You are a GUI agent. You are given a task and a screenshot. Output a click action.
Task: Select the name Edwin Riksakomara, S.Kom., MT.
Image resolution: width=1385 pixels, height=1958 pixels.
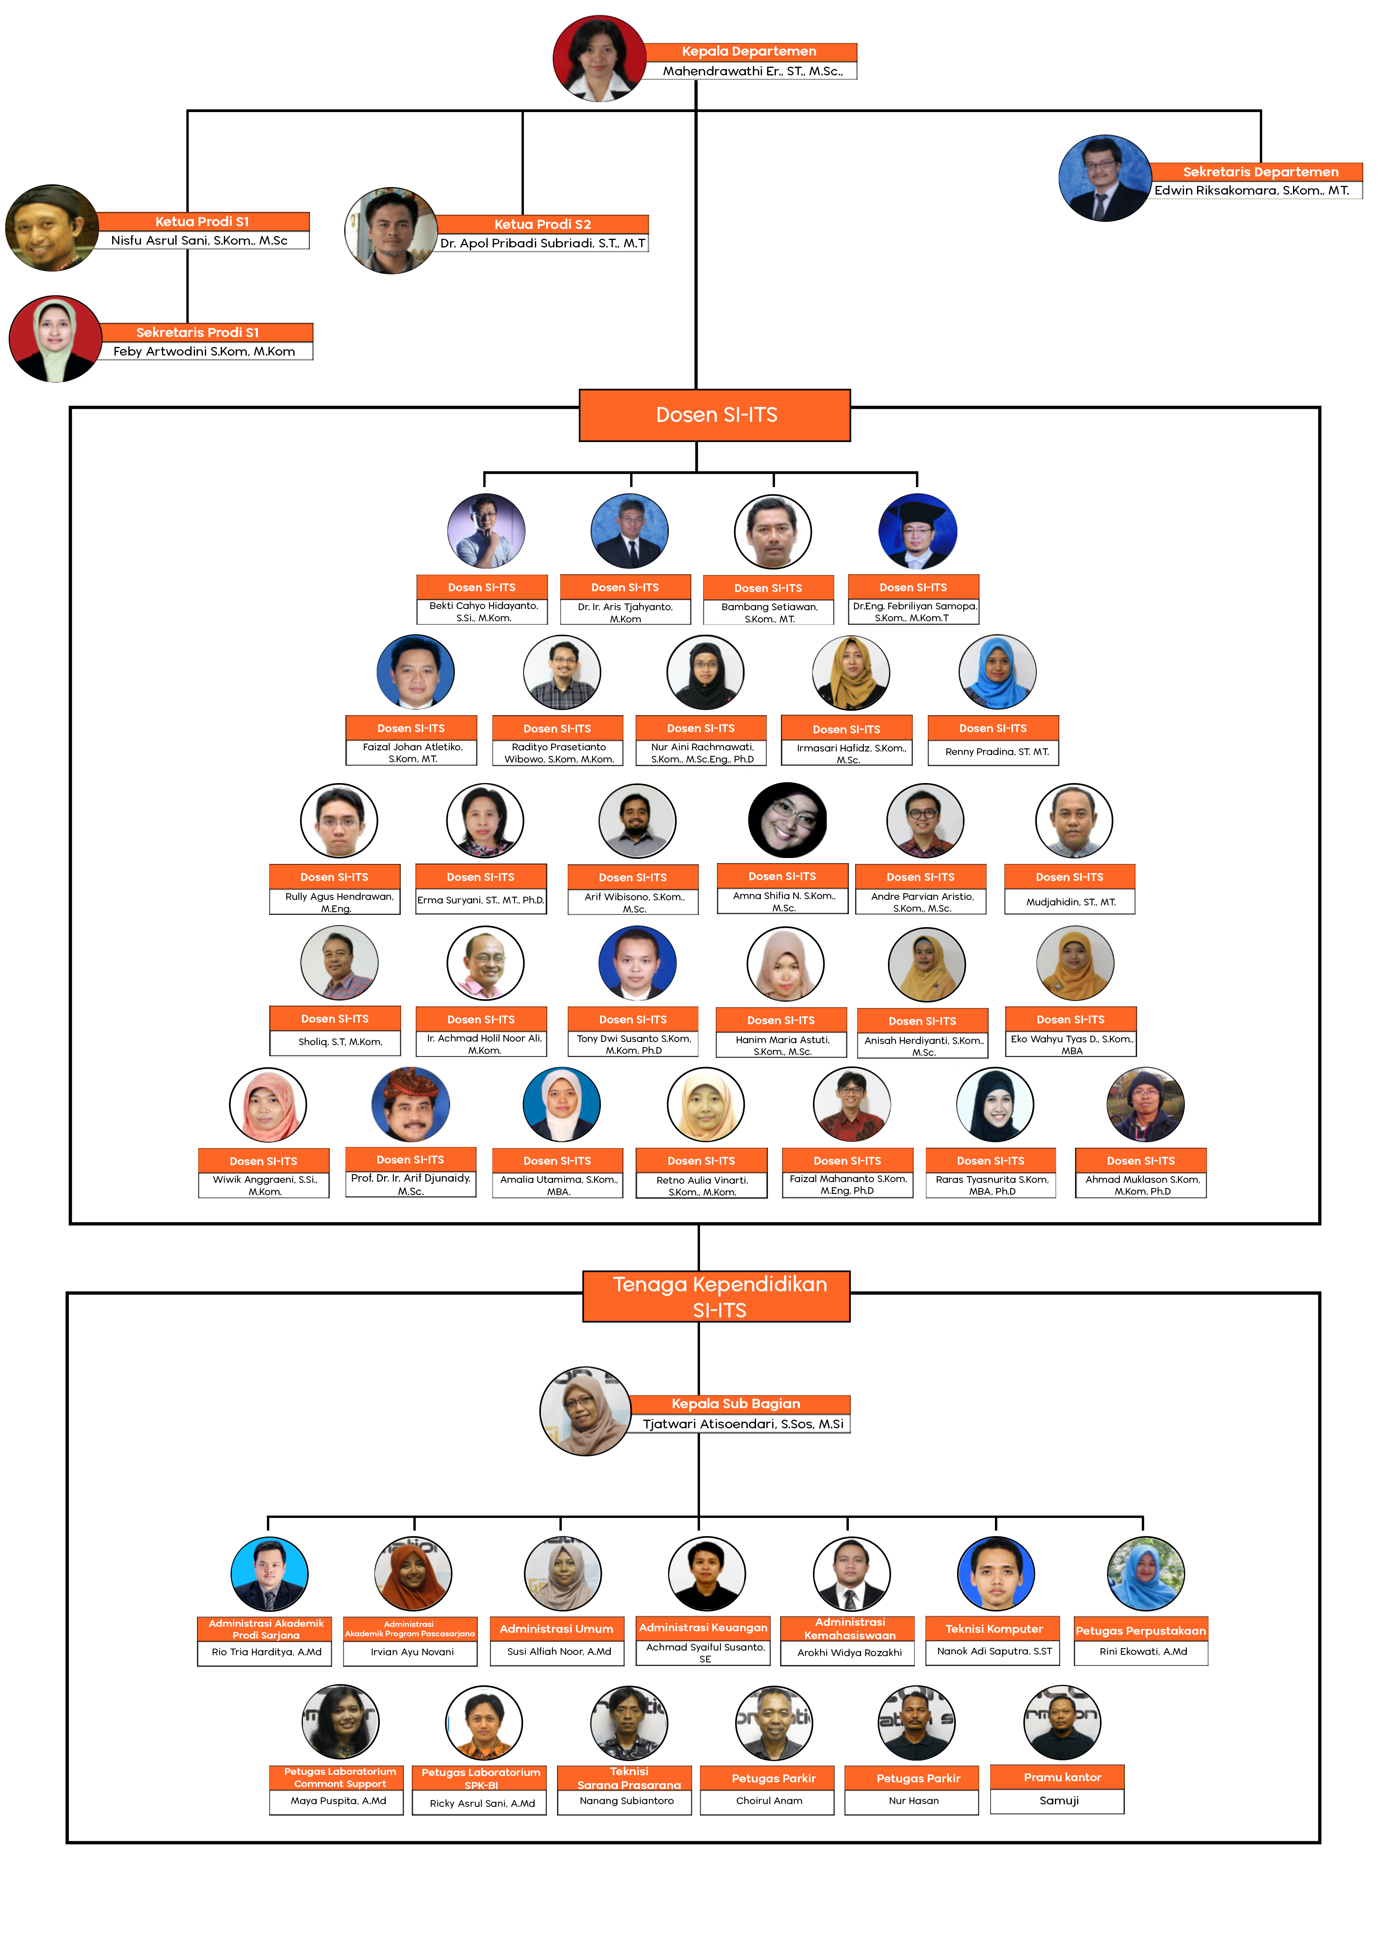point(1252,190)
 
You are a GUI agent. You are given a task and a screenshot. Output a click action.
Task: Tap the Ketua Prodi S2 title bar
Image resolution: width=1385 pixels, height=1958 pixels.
point(542,224)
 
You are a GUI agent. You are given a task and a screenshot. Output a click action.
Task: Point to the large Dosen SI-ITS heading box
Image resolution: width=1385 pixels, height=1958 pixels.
point(715,415)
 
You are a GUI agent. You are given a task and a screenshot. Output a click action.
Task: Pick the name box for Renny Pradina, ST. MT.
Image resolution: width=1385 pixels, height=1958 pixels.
point(994,751)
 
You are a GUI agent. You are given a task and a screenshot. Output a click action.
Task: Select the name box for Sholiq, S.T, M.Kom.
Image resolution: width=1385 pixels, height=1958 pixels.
point(335,1041)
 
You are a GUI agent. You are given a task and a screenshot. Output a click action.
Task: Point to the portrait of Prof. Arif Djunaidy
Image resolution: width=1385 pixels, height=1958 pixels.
point(410,1104)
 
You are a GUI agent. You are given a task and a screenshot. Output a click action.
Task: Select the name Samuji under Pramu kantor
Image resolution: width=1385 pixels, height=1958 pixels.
point(1058,1800)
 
